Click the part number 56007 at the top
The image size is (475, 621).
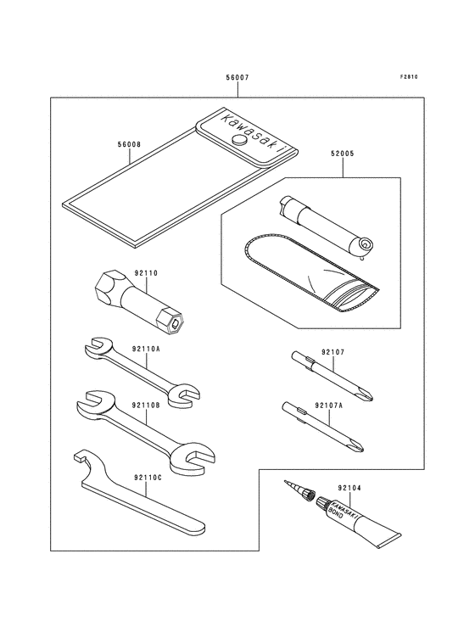point(237,77)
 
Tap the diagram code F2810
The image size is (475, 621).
point(410,77)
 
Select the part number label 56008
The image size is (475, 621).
point(129,145)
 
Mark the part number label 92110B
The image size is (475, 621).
point(145,406)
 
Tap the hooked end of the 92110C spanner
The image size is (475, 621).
point(81,463)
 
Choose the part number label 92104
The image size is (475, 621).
point(349,488)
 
